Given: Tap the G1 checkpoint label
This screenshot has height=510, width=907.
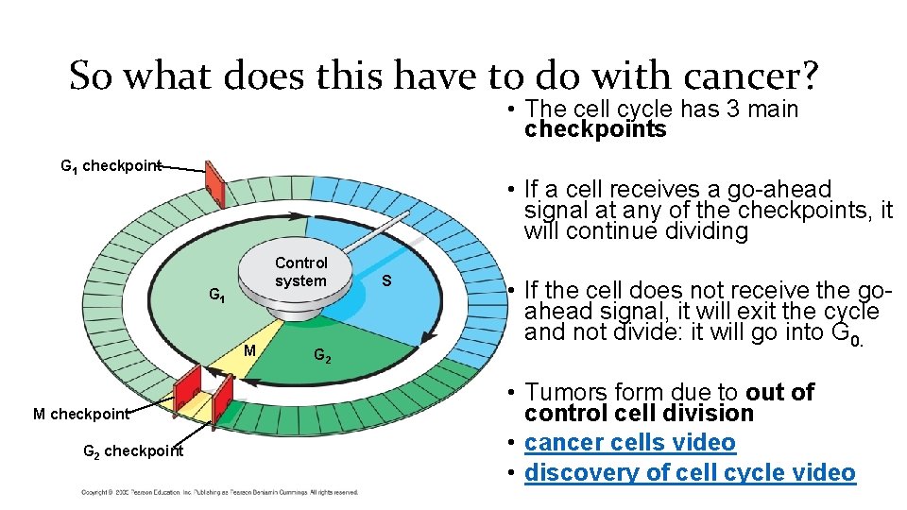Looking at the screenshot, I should (111, 166).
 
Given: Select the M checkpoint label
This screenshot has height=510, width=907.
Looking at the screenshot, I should (80, 414).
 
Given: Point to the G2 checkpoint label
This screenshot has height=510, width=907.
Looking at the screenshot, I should (133, 450).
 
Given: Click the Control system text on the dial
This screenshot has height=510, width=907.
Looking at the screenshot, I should (300, 272).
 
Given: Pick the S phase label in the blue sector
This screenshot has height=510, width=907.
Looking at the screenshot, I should (386, 281).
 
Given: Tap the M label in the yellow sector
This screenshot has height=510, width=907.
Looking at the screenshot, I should (250, 350).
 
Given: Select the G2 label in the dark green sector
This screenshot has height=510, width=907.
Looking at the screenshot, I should (322, 356).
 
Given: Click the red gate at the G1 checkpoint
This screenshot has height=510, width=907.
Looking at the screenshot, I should (214, 184).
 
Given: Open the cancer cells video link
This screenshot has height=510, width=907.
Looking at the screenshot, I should (629, 443).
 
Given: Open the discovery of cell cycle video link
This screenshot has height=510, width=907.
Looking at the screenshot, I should (690, 472).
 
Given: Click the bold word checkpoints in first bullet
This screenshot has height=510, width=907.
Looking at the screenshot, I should (595, 130).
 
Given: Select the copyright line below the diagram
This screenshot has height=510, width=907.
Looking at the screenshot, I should (219, 492).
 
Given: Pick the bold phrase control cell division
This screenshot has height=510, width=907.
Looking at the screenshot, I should (639, 414).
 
